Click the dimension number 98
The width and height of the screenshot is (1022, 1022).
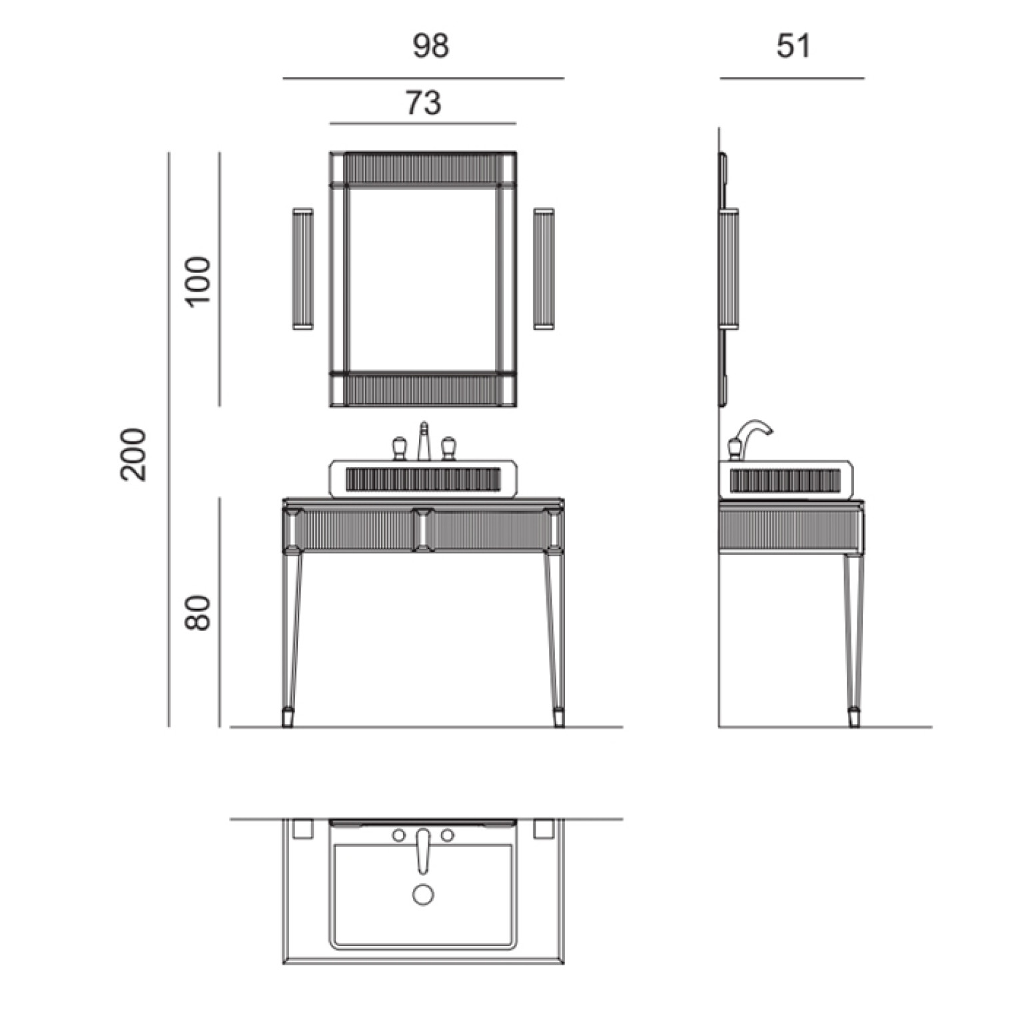430,46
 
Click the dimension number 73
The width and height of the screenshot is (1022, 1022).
423,103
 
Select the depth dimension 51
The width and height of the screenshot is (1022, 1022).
793,46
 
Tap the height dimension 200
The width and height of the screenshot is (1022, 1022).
133,454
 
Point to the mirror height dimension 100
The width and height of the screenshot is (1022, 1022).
199,280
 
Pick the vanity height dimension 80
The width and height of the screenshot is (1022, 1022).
199,613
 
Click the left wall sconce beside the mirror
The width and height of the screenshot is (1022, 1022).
302,268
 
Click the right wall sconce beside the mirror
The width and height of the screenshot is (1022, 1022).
544,268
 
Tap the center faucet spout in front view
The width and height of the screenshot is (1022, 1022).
423,441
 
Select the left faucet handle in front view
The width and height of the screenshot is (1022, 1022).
399,448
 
